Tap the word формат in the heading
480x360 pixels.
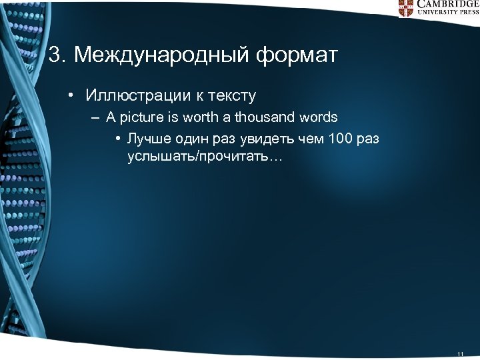pyautogui.click(x=296, y=55)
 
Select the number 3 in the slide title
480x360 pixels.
pyautogui.click(x=55, y=55)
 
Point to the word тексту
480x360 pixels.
pyautogui.click(x=231, y=96)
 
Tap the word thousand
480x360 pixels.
pyautogui.click(x=267, y=117)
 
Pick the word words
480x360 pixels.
pyautogui.click(x=319, y=117)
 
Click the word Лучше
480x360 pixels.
pyautogui.click(x=146, y=139)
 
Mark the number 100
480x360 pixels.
pyautogui.click(x=338, y=139)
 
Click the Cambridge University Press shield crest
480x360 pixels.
pyautogui.click(x=406, y=7)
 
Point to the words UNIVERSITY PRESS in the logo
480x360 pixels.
pyautogui.click(x=447, y=13)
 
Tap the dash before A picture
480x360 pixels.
pyautogui.click(x=97, y=118)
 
